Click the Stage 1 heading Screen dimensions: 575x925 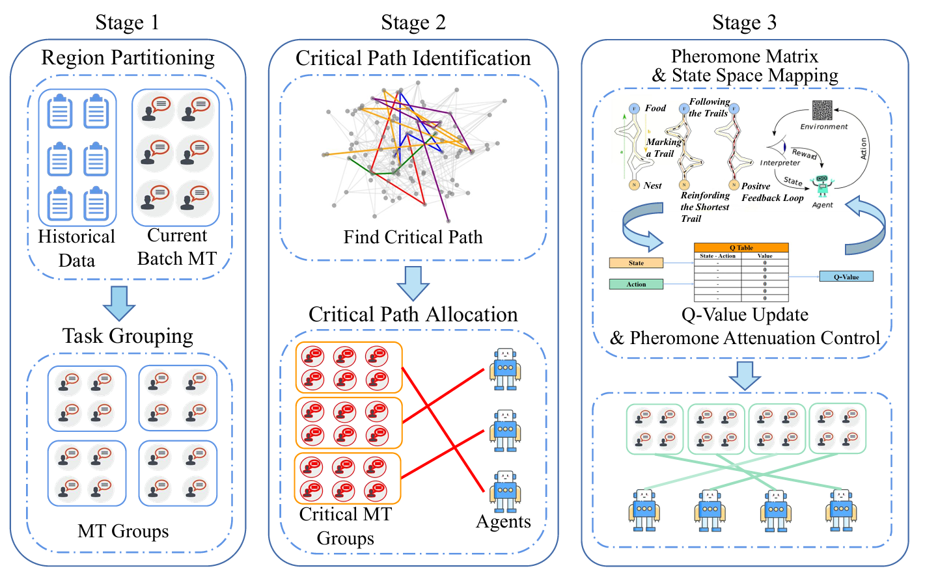(127, 23)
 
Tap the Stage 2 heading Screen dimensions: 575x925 (413, 23)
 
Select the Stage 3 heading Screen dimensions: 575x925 (744, 23)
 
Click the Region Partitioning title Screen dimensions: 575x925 (128, 58)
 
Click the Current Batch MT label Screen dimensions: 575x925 (177, 247)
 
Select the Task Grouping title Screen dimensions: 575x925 (128, 336)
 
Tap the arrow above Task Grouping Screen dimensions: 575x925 (119, 302)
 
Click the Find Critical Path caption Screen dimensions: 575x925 (413, 237)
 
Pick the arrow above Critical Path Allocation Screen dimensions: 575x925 (413, 282)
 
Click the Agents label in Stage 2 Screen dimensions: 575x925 (503, 522)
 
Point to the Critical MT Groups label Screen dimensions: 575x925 (346, 526)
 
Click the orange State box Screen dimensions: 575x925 (636, 263)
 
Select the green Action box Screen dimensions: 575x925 (636, 284)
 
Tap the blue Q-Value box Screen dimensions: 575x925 (846, 277)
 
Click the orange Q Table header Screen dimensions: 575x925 (741, 248)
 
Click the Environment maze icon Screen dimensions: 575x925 (822, 111)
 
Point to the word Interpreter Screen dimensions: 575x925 (780, 163)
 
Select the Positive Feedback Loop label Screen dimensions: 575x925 (772, 193)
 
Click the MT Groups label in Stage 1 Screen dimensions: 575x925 (123, 531)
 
